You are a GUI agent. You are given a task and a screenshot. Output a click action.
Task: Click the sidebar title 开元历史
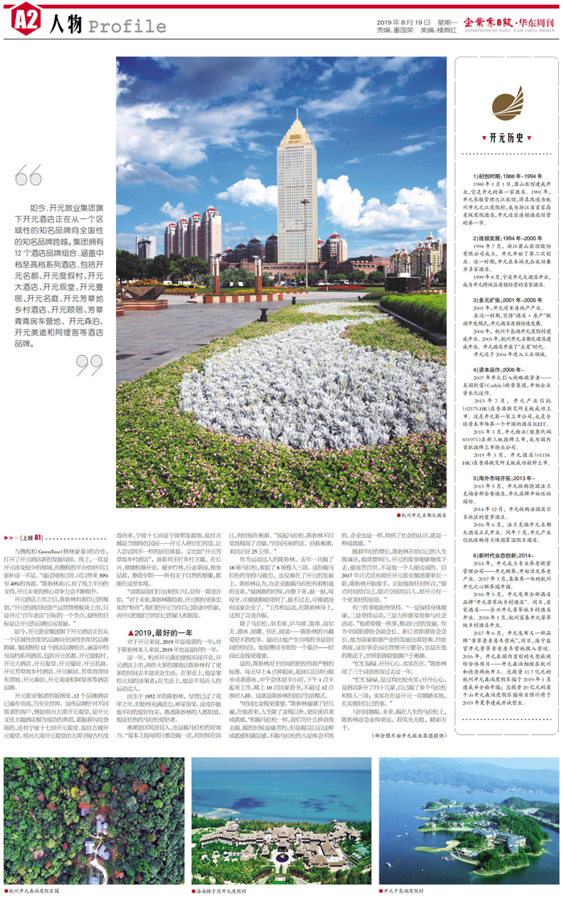click(499, 138)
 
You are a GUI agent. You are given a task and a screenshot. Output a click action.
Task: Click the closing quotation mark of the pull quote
click(89, 365)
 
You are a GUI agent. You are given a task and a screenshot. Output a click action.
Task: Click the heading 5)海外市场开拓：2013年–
click(486, 477)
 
